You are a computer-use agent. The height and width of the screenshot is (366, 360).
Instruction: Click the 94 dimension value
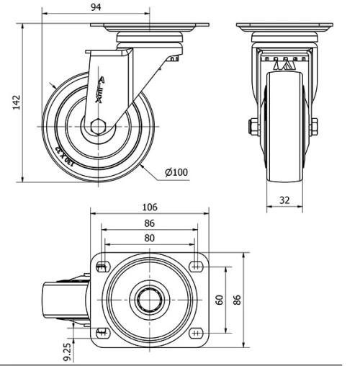(x=96, y=6)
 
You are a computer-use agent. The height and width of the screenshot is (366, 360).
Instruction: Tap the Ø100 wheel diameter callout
(x=176, y=172)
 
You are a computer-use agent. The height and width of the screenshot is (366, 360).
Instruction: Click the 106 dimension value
(x=148, y=207)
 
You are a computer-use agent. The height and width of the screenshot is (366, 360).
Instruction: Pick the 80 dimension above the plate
(x=148, y=237)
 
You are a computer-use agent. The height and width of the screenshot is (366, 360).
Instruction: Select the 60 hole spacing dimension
(x=220, y=298)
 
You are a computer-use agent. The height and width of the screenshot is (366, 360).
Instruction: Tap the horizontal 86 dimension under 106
(x=148, y=223)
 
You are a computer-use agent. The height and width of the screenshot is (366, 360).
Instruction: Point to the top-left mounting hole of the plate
(x=101, y=265)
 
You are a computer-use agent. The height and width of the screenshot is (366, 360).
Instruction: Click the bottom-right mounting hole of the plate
(x=196, y=332)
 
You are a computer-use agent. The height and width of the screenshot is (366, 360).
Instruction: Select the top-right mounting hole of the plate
(x=196, y=265)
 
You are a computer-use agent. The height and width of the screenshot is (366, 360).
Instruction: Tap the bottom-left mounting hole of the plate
(x=101, y=332)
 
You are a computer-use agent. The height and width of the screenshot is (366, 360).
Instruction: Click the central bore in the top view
(x=148, y=298)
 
